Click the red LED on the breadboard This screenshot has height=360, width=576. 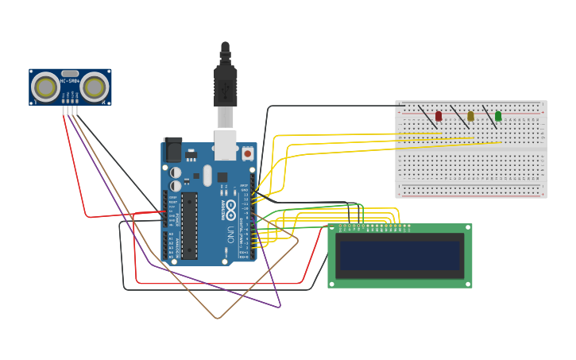(438, 116)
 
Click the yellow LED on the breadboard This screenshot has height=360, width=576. (470, 116)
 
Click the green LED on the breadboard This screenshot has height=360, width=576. (498, 116)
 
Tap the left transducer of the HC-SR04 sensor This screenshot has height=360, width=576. (45, 87)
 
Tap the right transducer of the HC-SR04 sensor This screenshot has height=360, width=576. (95, 87)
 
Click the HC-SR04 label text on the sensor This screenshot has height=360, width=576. (70, 81)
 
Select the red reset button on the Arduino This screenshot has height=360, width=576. (247, 153)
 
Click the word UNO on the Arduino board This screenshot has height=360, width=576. (231, 235)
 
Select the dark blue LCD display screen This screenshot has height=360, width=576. (400, 256)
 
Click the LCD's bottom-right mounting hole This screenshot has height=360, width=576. (467, 283)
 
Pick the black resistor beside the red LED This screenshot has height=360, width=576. (427, 117)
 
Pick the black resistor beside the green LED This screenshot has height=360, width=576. (489, 117)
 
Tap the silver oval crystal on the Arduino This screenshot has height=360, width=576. (207, 175)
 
